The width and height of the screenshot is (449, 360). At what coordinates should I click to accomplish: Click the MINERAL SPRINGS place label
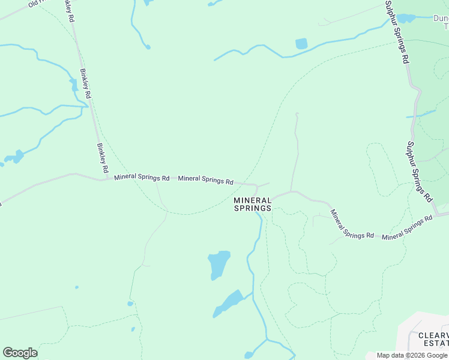[x=252, y=204]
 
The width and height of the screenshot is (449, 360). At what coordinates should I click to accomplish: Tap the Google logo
[x=20, y=353]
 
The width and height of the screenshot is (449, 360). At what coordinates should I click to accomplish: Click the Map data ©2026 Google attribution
[x=412, y=355]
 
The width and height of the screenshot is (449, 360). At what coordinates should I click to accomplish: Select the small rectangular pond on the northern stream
[x=301, y=44]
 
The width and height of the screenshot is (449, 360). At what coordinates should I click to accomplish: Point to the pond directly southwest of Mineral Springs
[x=219, y=265]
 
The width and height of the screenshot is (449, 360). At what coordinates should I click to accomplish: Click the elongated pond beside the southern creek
[x=229, y=304]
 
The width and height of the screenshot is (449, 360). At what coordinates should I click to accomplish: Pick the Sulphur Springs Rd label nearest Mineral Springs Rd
[x=418, y=171]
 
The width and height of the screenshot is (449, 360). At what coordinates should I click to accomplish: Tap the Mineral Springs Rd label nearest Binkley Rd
[x=142, y=178]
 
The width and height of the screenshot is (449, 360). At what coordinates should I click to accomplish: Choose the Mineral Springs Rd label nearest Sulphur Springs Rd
[x=408, y=229]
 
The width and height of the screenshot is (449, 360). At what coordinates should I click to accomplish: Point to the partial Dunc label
[x=441, y=18]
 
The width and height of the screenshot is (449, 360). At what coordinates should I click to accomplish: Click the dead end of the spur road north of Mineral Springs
[x=297, y=113]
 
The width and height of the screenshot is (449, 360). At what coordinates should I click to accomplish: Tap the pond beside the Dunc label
[x=407, y=18]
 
